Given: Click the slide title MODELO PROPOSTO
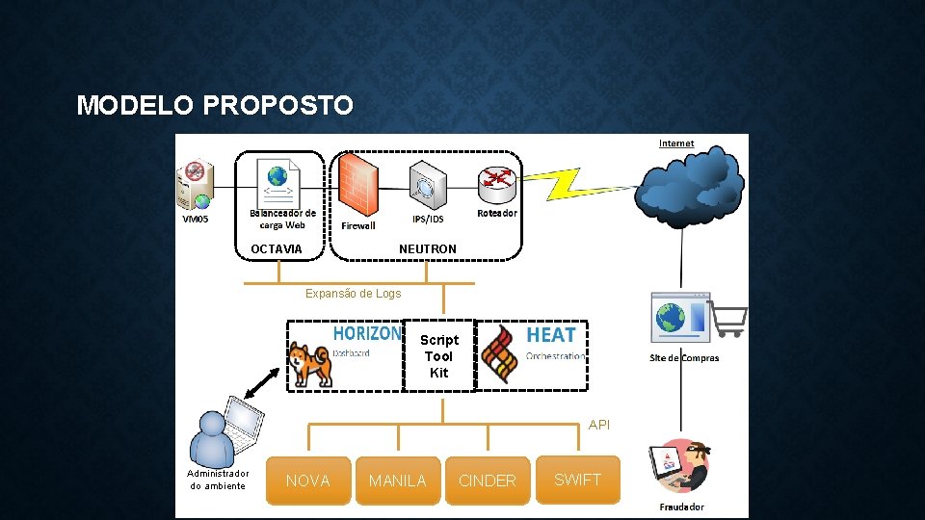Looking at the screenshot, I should point(215,105).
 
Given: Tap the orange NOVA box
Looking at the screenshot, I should point(308,481).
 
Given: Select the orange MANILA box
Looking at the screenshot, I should point(397,481).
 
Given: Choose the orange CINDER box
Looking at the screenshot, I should point(487,481).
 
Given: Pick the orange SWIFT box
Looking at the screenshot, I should point(578,480).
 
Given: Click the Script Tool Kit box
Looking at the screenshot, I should point(439,356).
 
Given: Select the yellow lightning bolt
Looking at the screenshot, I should point(575,184).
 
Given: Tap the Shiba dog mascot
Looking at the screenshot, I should point(310,364).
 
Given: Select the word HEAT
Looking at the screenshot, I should point(551,335).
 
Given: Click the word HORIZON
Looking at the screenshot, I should point(367,333).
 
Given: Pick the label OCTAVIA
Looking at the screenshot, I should point(276,249).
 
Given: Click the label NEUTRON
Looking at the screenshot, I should point(428,249).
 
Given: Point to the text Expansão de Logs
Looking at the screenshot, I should point(353,294).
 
